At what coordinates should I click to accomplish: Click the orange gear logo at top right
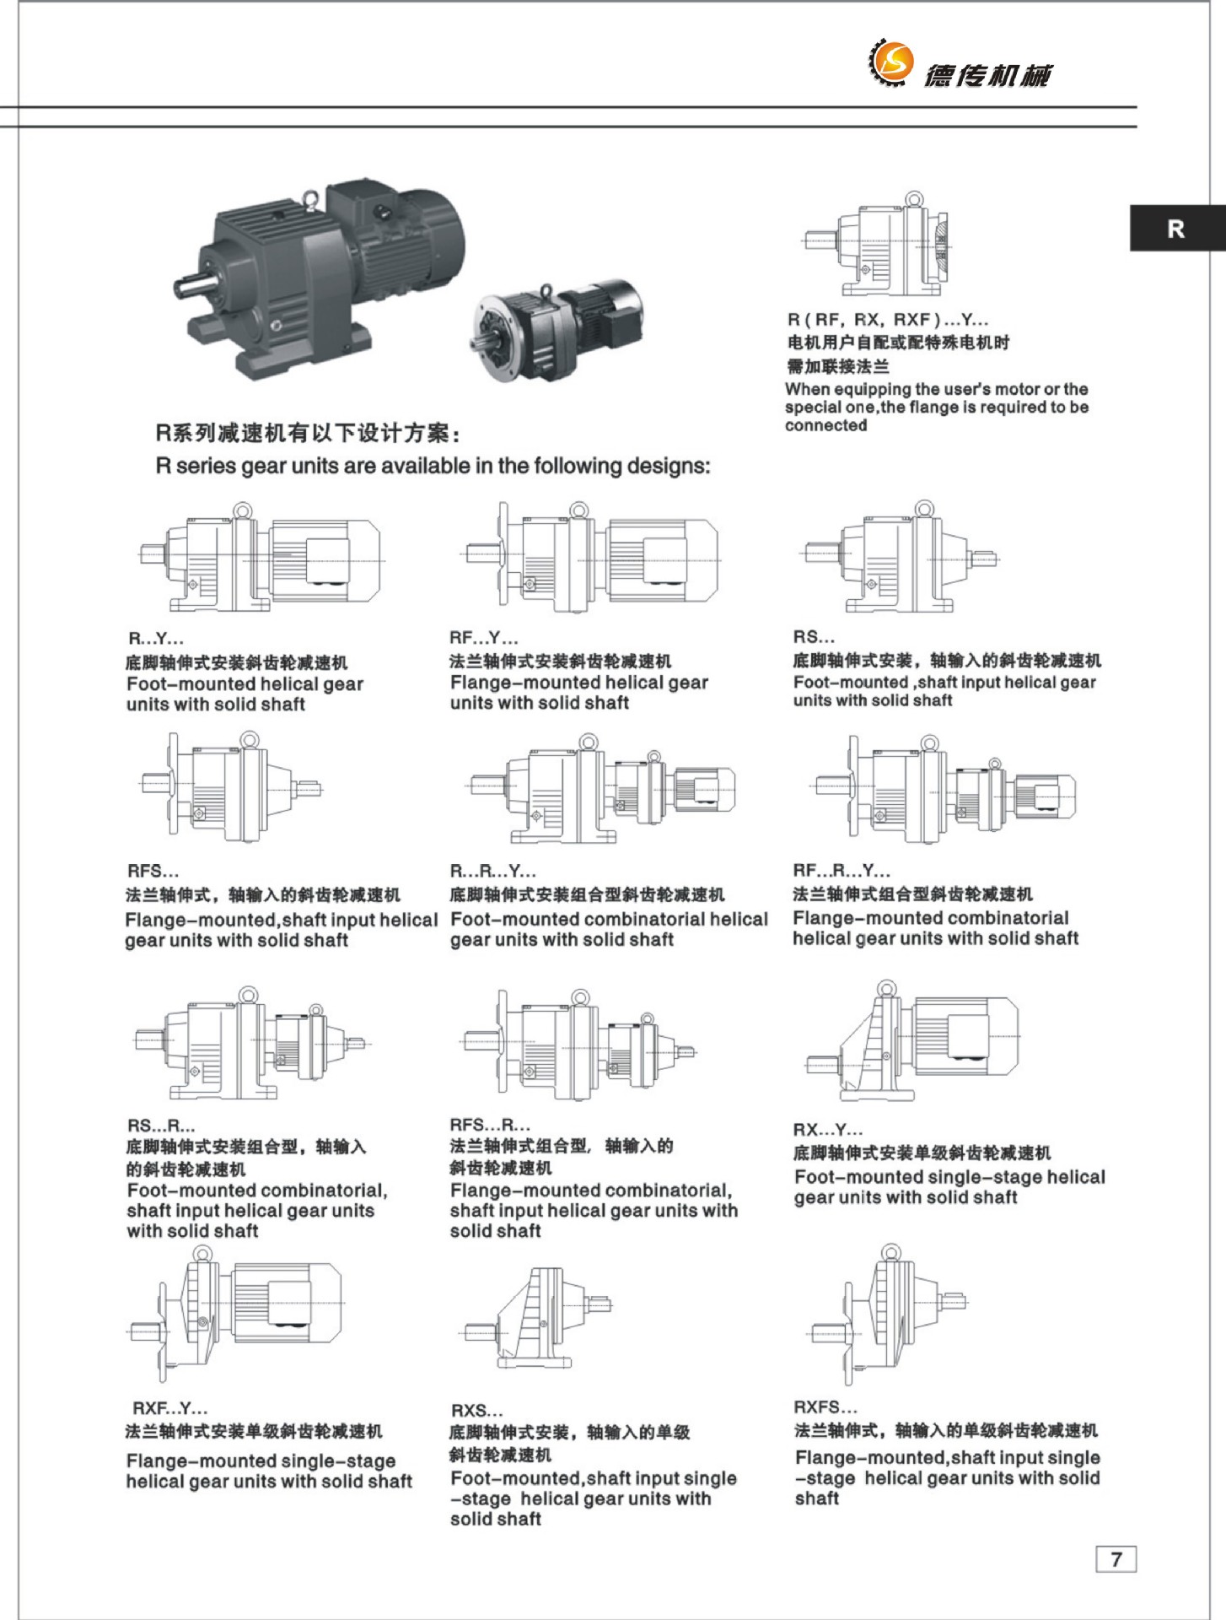[x=891, y=62]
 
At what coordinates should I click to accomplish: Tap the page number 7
[x=1116, y=1558]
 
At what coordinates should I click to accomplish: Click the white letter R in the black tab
[x=1176, y=229]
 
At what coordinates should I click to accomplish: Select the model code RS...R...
[x=161, y=1125]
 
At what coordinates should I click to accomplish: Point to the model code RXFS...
[x=825, y=1407]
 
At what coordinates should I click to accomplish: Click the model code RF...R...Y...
[x=841, y=870]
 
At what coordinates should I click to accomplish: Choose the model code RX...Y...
[x=827, y=1129]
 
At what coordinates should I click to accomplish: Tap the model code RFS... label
[x=153, y=871]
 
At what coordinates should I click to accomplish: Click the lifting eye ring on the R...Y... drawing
[x=243, y=511]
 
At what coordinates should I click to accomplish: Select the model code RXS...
[x=476, y=1410]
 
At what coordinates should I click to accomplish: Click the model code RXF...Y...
[x=169, y=1407]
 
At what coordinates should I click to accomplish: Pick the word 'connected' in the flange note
[x=825, y=425]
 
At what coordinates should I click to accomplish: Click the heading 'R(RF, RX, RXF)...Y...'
[x=887, y=320]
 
